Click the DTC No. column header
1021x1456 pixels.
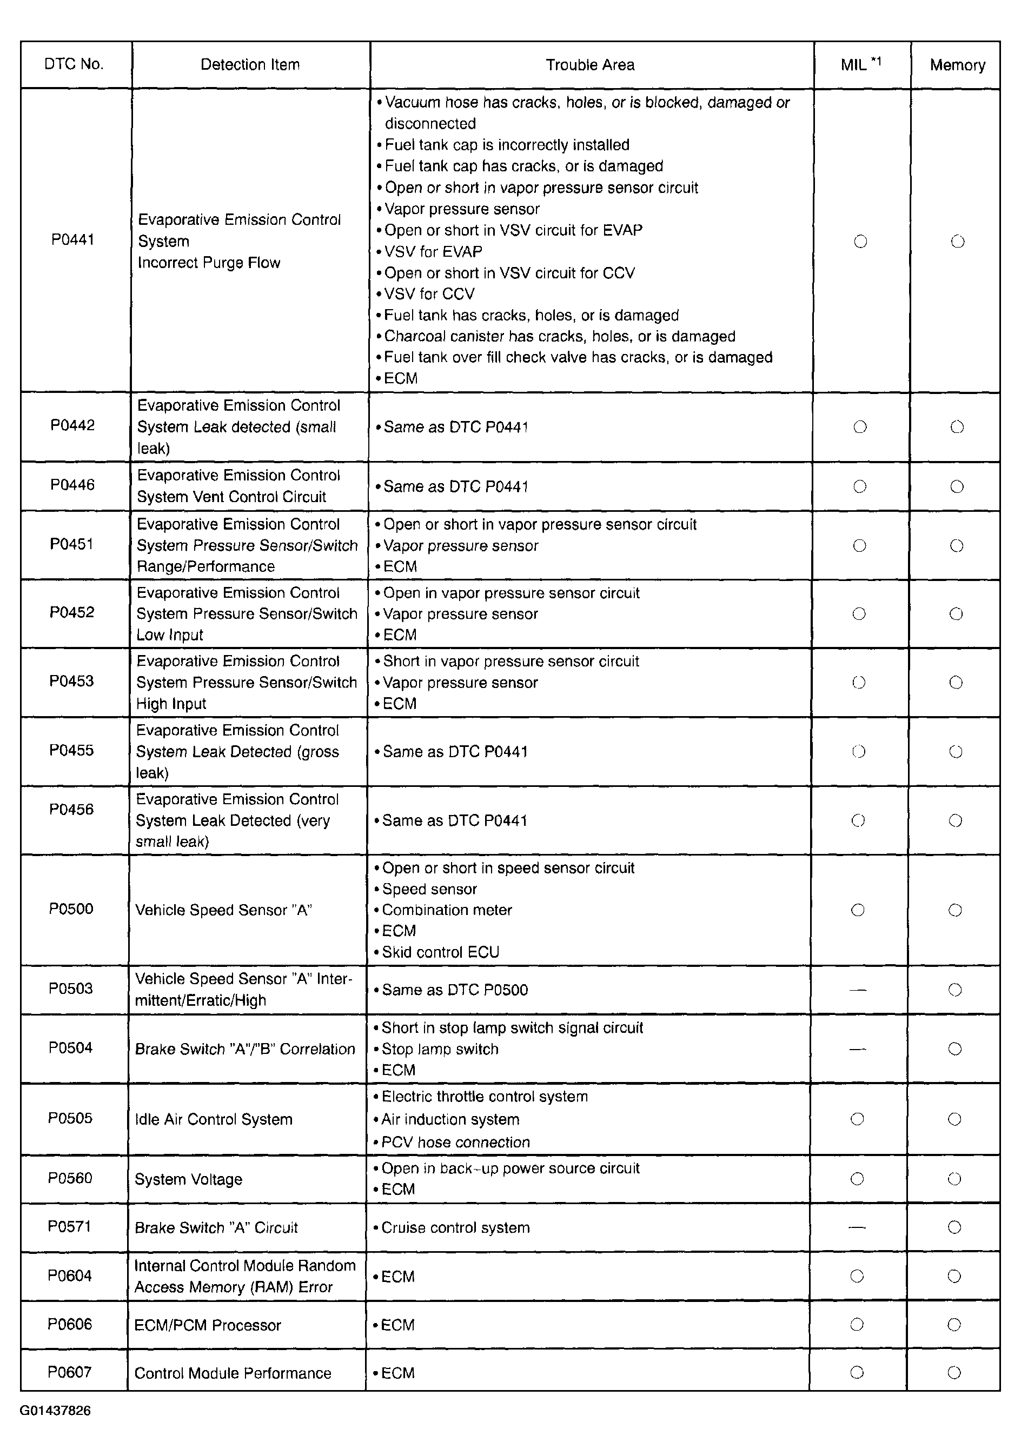(74, 64)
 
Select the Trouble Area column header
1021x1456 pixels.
(590, 65)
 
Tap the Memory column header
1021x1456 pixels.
(957, 65)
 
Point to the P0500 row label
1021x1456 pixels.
(71, 909)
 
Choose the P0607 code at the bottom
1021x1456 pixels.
(70, 1372)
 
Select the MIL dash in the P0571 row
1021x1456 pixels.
(857, 1227)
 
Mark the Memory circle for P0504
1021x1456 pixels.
(954, 1049)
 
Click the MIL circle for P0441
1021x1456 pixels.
(860, 241)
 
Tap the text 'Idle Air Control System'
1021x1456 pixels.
(214, 1119)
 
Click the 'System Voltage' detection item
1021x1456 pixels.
(188, 1179)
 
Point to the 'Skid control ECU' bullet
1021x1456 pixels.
(440, 952)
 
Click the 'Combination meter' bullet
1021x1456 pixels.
(447, 910)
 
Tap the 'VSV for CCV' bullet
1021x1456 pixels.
(429, 293)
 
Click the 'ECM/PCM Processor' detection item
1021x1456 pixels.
(208, 1325)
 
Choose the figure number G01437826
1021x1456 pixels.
(55, 1411)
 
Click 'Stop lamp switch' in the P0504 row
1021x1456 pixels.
(440, 1049)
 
